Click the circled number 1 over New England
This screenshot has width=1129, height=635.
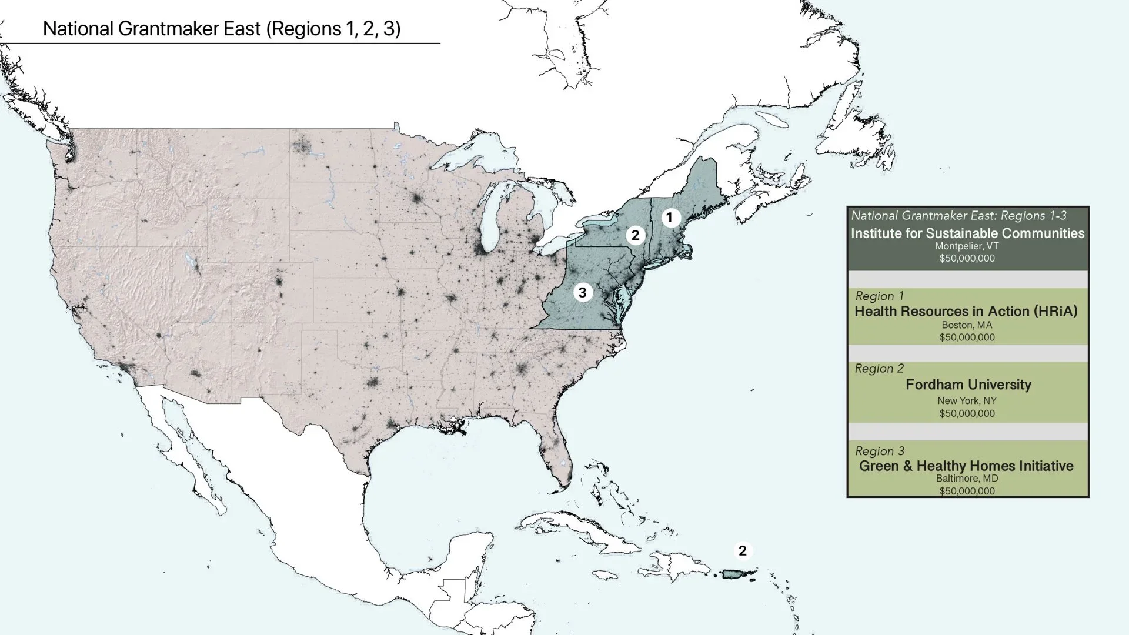pyautogui.click(x=669, y=218)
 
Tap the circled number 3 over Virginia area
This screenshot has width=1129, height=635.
pyautogui.click(x=582, y=292)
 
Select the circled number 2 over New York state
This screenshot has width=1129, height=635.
pyautogui.click(x=635, y=235)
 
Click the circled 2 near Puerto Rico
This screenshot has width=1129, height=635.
pyautogui.click(x=743, y=551)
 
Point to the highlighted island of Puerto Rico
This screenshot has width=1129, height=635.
pyautogui.click(x=738, y=574)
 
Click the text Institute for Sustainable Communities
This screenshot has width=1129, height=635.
pyautogui.click(x=967, y=233)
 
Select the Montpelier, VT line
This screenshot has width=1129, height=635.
pyautogui.click(x=967, y=246)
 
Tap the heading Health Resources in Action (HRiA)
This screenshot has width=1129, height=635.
pyautogui.click(x=966, y=312)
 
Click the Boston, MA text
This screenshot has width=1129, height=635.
pyautogui.click(x=967, y=325)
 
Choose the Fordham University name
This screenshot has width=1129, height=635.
pyautogui.click(x=968, y=385)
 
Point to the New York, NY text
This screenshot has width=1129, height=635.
pyautogui.click(x=967, y=401)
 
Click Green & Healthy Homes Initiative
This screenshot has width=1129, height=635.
pyautogui.click(x=966, y=466)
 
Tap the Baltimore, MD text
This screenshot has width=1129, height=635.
pyautogui.click(x=967, y=479)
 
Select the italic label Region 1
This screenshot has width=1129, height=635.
pyautogui.click(x=879, y=296)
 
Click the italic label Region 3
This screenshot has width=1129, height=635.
pyautogui.click(x=879, y=452)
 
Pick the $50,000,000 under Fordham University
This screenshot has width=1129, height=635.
pyautogui.click(x=967, y=413)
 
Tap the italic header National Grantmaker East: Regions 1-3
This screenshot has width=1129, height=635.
pyautogui.click(x=958, y=216)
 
